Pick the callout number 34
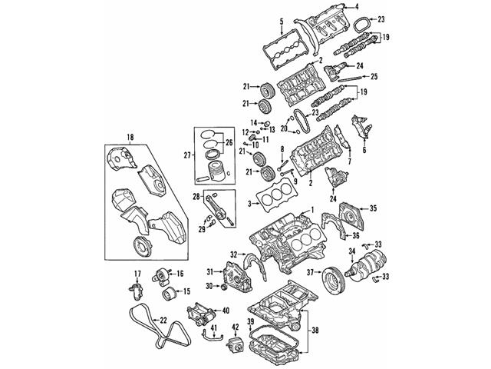(x=352, y=251)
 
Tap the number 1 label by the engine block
(x=312, y=211)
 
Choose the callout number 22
(x=163, y=321)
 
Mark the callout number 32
(x=233, y=254)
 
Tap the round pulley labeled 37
(x=334, y=276)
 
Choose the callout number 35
(x=374, y=208)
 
